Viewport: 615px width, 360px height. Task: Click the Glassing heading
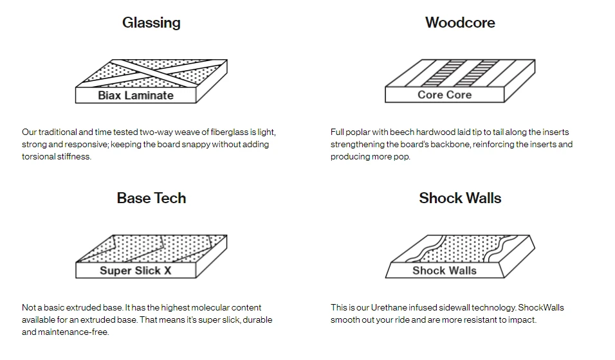tap(151, 23)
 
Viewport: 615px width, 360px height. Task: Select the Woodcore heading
tap(460, 23)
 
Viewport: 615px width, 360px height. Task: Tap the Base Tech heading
tap(151, 198)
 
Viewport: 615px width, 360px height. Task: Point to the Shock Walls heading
tap(460, 198)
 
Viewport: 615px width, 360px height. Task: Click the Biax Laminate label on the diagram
tap(136, 96)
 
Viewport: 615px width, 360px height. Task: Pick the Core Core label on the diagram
tap(445, 95)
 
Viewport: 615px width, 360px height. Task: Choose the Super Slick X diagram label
tap(136, 271)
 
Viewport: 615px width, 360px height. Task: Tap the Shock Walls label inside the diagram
tap(445, 271)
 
